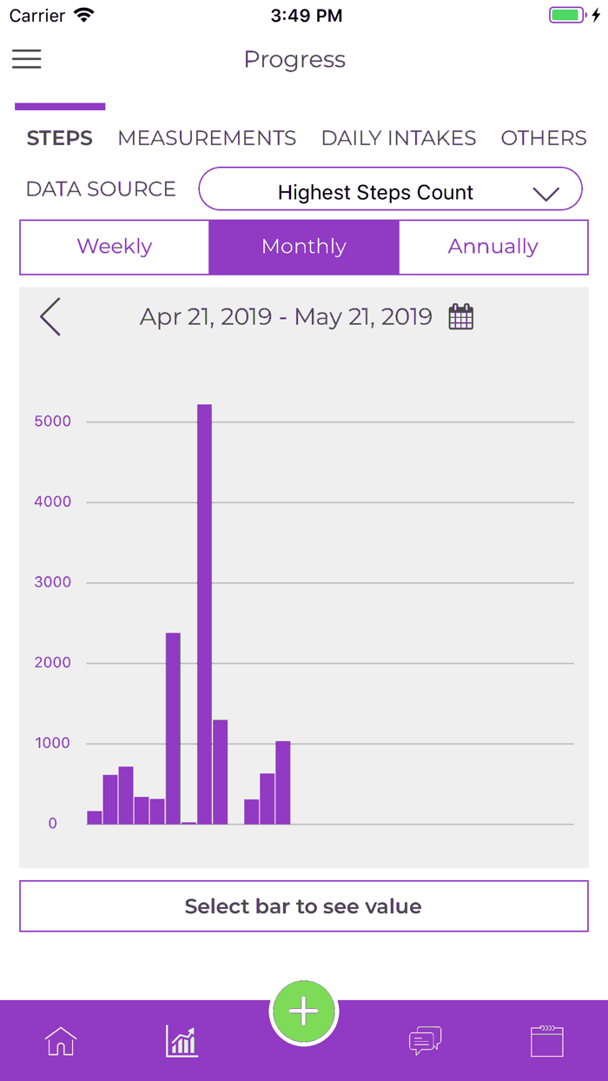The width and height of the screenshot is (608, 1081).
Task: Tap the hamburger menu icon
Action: coord(26,58)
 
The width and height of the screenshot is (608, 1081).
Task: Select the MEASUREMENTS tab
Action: coord(207,138)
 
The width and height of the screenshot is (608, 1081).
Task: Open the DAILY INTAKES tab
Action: coord(399,138)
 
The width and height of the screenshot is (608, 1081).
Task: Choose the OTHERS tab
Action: coord(544,138)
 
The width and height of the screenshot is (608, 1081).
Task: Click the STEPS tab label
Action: coord(60,138)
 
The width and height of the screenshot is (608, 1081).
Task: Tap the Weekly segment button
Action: coord(115,247)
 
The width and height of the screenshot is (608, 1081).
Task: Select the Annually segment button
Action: coord(492,247)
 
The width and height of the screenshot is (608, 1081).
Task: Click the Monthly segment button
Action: coord(304,247)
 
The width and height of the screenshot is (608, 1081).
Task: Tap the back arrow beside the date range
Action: coord(50,317)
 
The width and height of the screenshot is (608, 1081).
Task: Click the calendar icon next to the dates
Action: coord(461,317)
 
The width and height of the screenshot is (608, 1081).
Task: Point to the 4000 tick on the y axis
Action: coord(53,502)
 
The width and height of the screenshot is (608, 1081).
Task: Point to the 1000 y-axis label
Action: coord(53,744)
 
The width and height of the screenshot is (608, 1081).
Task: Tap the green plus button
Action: coord(304,1011)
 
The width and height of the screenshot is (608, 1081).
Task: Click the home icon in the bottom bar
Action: coord(61,1041)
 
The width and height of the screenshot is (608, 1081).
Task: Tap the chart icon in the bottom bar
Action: coord(182,1041)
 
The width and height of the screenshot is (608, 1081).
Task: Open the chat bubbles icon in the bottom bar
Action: coord(426,1041)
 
